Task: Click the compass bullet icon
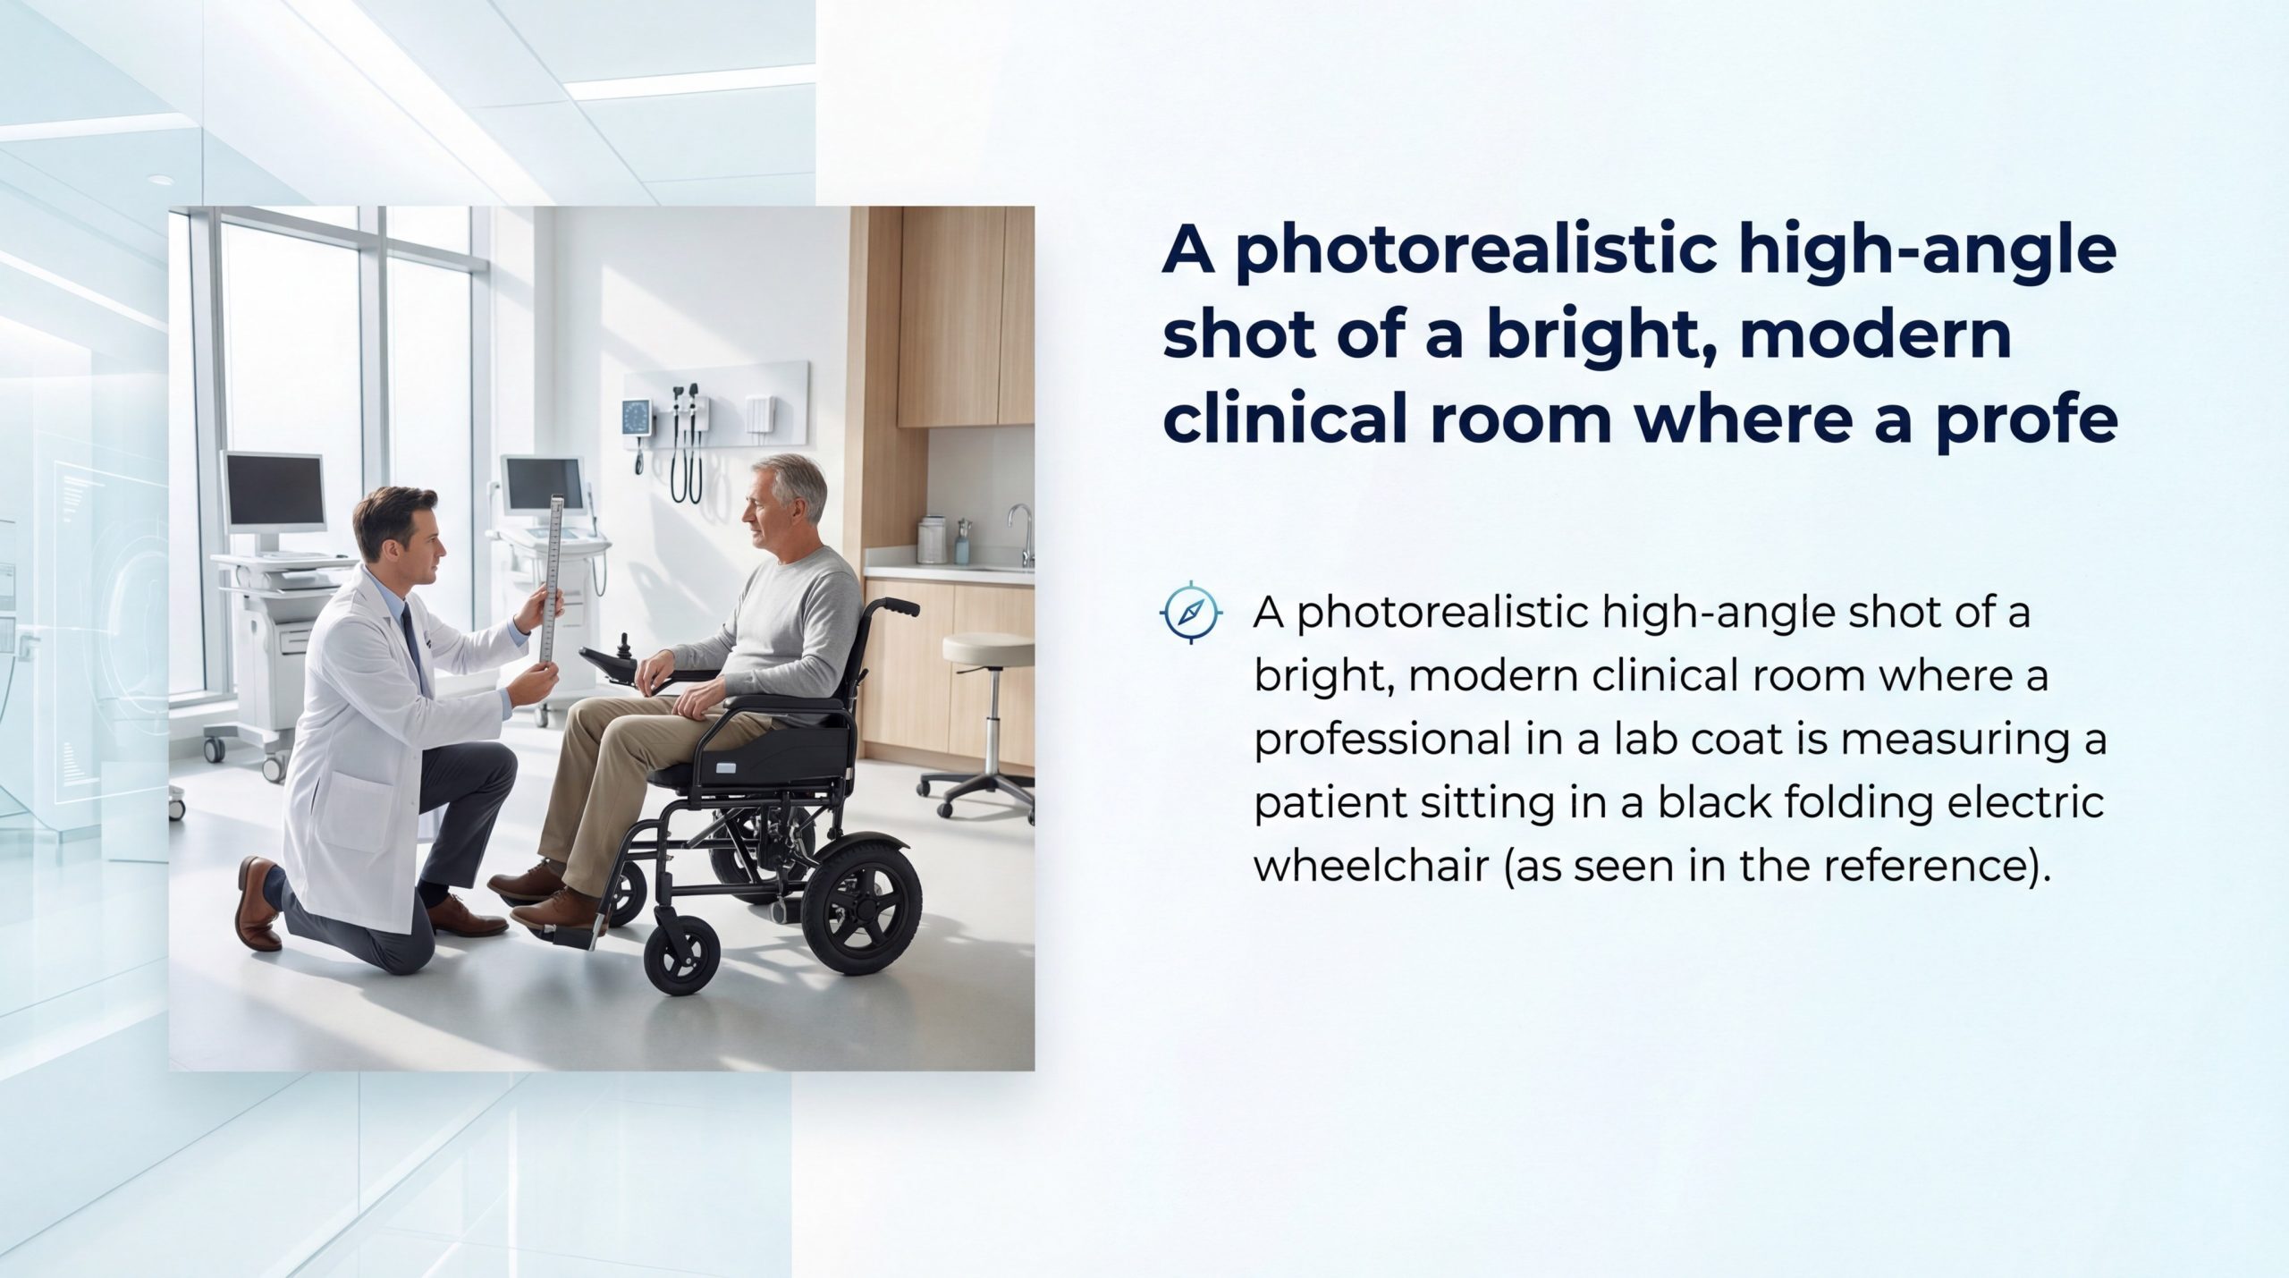(x=1190, y=612)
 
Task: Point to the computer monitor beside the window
(x=275, y=491)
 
